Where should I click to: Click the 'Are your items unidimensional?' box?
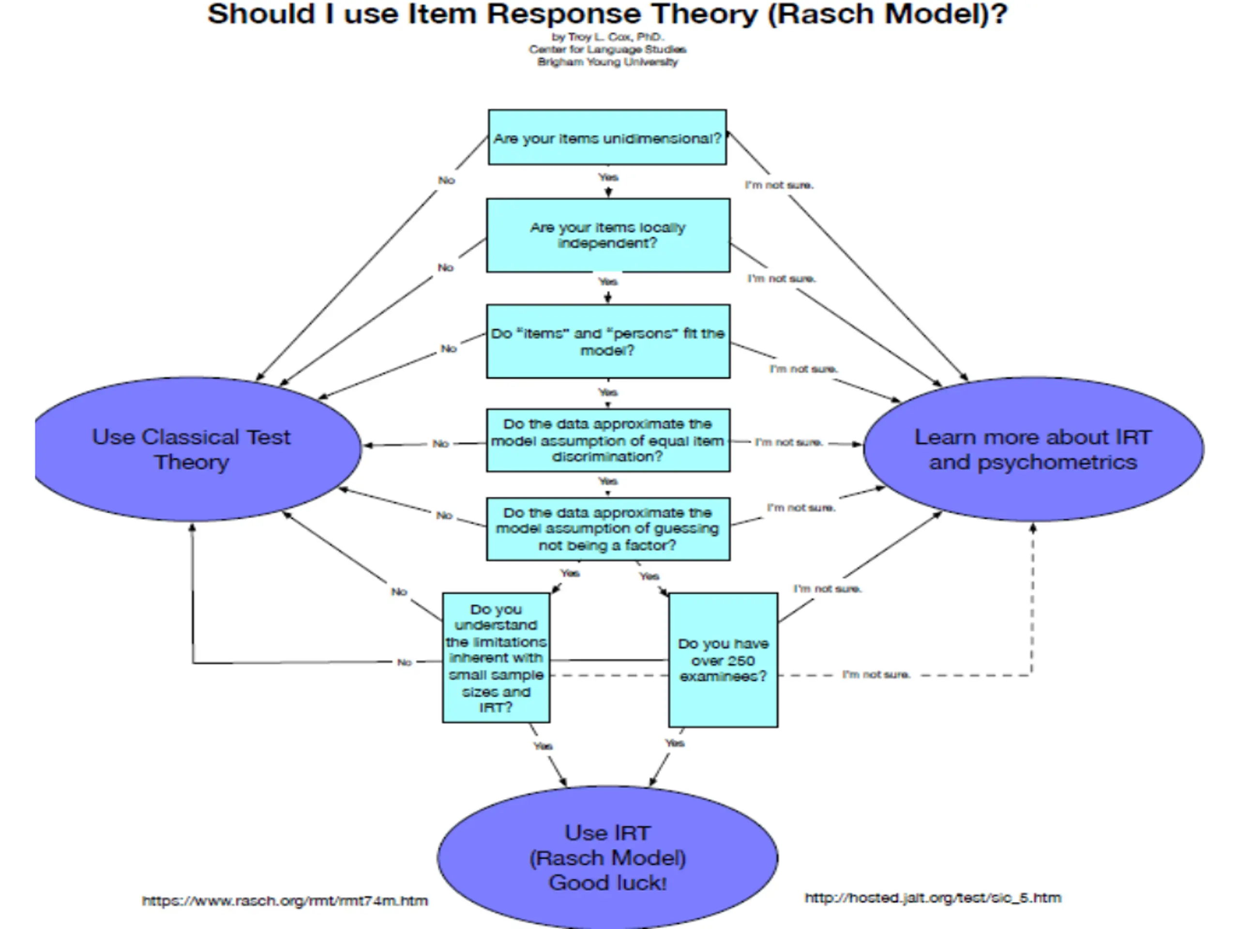607,137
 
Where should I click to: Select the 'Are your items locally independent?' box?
608,235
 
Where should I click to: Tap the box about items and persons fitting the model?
608,341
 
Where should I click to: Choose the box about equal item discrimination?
608,440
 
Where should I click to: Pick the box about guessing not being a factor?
608,529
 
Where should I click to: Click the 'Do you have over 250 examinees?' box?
723,660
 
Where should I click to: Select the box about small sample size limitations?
496,658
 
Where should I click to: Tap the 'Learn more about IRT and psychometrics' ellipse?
1033,449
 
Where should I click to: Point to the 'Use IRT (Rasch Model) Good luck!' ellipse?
607,857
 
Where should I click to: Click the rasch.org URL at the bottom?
285,901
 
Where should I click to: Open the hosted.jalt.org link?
933,898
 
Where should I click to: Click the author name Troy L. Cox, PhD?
608,37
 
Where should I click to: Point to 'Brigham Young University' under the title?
608,61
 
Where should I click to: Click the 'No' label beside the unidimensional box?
446,180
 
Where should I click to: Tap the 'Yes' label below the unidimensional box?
608,178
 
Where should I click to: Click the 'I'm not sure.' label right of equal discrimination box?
789,442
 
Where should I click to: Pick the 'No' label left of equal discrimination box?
441,444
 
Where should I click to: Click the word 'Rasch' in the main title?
824,14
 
